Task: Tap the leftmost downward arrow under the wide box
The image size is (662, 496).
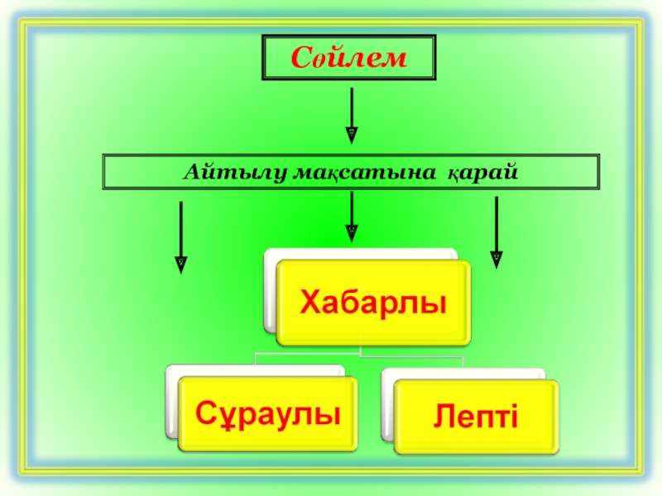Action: [x=180, y=236]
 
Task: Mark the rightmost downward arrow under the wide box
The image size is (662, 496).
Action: [x=496, y=231]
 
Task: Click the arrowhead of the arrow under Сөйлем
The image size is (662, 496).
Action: [x=352, y=133]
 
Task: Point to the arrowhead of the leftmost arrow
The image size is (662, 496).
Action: [x=180, y=264]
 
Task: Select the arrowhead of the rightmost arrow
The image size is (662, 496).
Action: [x=496, y=259]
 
